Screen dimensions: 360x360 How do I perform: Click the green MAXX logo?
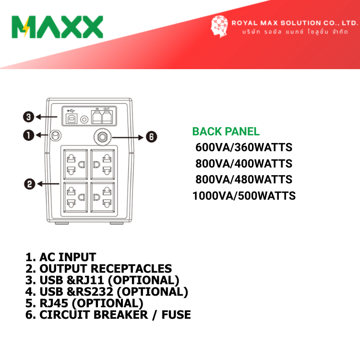tap(57, 27)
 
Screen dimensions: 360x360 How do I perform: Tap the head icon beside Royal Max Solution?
tap(219, 26)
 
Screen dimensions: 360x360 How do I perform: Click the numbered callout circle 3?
tap(28, 117)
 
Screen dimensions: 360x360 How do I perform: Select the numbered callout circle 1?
tap(28, 135)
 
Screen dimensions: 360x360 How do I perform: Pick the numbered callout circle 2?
tap(30, 184)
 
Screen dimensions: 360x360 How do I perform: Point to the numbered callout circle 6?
tap(152, 137)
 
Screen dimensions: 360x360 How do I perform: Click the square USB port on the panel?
tap(72, 119)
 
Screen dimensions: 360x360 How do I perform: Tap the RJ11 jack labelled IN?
tap(96, 117)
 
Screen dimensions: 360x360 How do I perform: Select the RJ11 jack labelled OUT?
tap(107, 117)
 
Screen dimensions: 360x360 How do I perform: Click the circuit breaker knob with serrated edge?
tap(102, 137)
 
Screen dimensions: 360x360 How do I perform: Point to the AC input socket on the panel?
tap(55, 135)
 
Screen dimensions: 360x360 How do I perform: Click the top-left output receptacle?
tap(75, 164)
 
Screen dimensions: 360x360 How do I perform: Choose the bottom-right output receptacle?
tap(103, 197)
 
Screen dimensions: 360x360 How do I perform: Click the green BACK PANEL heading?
tap(226, 132)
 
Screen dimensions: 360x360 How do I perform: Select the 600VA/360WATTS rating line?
tap(244, 147)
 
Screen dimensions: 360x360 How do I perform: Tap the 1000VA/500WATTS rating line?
tap(244, 196)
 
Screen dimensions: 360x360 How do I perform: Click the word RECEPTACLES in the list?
tap(132, 269)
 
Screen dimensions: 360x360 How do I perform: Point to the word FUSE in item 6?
tap(176, 315)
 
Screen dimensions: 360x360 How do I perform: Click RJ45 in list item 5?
tap(54, 303)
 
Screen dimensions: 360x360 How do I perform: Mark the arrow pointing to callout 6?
tap(128, 138)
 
